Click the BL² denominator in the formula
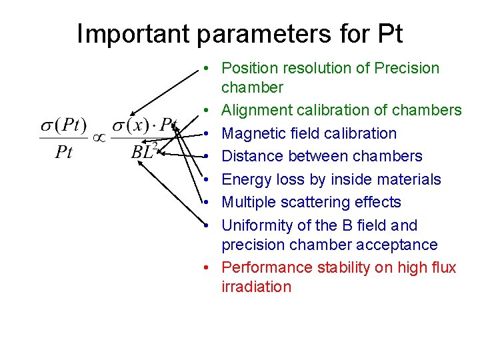coord(143,152)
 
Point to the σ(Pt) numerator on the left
coord(64,125)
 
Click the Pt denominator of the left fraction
coord(64,152)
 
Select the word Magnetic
coord(252,133)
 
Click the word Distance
coord(251,156)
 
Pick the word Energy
coord(245,179)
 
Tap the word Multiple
coord(247,202)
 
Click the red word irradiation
coord(256,287)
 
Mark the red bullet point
coord(209,268)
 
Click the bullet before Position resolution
coord(209,68)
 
